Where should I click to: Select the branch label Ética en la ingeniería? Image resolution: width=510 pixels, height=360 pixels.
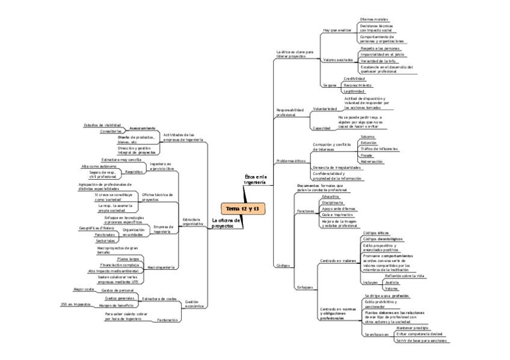255,178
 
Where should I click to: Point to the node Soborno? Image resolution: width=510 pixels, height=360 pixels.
367,136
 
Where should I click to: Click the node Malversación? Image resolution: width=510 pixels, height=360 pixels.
371,162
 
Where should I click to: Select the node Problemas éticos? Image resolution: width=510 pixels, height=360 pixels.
290,161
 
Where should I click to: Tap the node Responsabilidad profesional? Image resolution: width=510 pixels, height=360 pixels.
290,112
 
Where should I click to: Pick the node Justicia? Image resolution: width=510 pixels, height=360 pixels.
392,282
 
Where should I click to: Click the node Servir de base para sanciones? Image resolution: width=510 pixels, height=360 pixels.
421,341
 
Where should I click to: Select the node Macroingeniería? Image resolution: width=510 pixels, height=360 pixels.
161,266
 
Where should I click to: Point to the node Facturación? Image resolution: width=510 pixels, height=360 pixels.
167,320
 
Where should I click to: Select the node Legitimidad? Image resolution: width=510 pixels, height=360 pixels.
354,91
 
